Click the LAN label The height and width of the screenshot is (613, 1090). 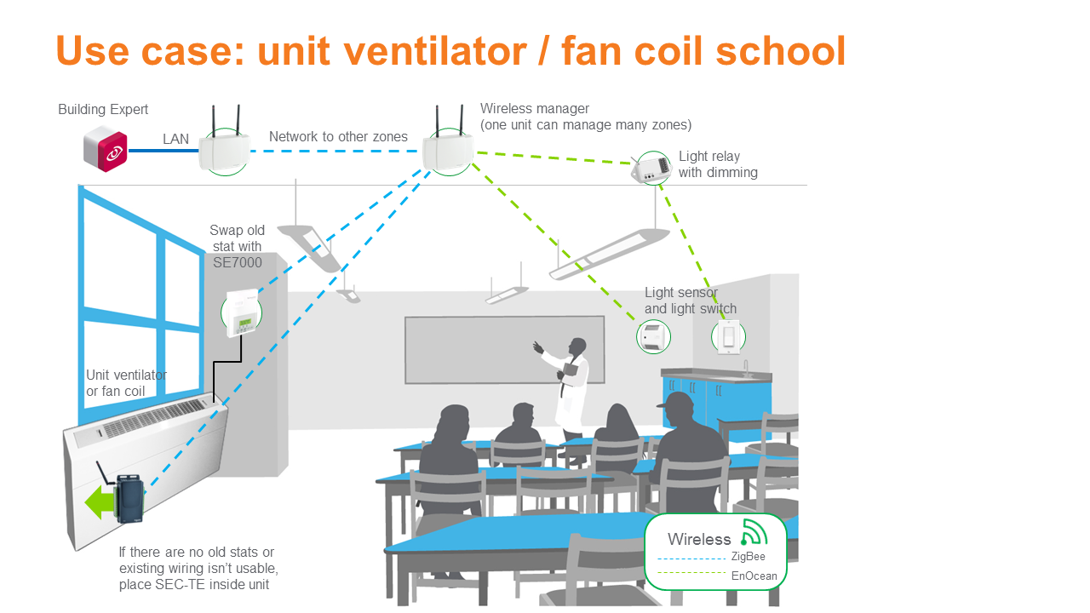[176, 139]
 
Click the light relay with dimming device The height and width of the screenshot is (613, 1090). [651, 169]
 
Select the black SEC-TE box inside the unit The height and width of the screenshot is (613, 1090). [130, 498]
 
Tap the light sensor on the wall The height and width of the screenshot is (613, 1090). [652, 336]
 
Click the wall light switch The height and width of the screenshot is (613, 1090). [728, 336]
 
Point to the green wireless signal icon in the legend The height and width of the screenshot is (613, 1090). [754, 532]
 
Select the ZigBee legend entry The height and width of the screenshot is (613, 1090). [748, 557]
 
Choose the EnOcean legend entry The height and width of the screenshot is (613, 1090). [754, 576]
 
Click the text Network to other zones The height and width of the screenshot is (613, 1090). [338, 136]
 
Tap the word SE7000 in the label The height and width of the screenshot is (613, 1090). [238, 263]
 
